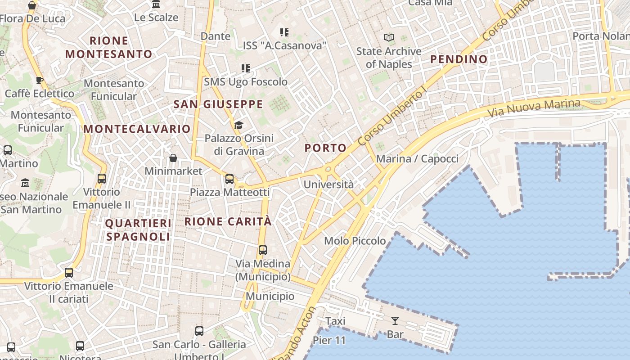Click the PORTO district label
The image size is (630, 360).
coord(325,148)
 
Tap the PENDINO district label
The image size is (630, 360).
coord(459,59)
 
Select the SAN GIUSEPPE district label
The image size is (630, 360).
coord(218,104)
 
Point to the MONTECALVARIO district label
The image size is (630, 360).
coord(137,129)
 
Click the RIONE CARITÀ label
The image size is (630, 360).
coord(228,221)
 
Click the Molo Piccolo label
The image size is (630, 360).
coord(355,241)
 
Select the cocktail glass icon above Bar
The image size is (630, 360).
coord(395,321)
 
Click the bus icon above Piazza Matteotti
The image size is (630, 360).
coord(229,179)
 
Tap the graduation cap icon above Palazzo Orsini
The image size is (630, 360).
coord(238,125)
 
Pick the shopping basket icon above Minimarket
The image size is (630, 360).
coord(173,158)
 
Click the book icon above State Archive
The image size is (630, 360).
coord(389,38)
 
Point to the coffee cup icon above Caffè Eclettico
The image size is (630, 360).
coord(40,81)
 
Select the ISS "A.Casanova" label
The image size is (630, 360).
coord(284,45)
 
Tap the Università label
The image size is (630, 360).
coord(328,184)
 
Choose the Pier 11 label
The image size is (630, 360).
coord(329,340)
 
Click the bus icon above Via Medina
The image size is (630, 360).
coord(263,250)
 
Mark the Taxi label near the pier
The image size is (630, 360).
coord(335,321)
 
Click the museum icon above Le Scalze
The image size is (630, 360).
coord(156,4)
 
